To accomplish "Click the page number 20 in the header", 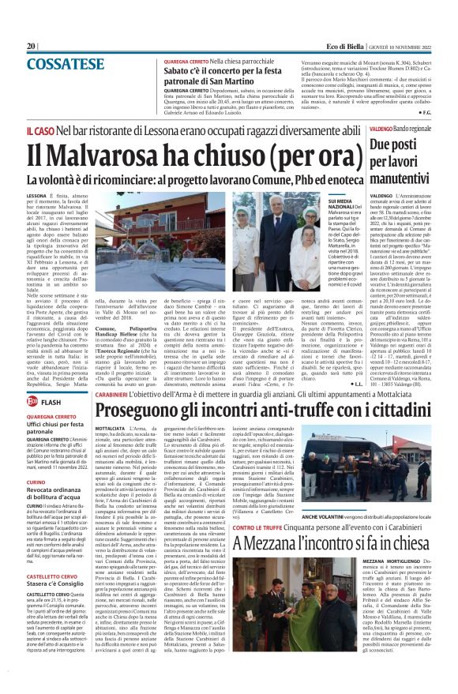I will tap(32, 47).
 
